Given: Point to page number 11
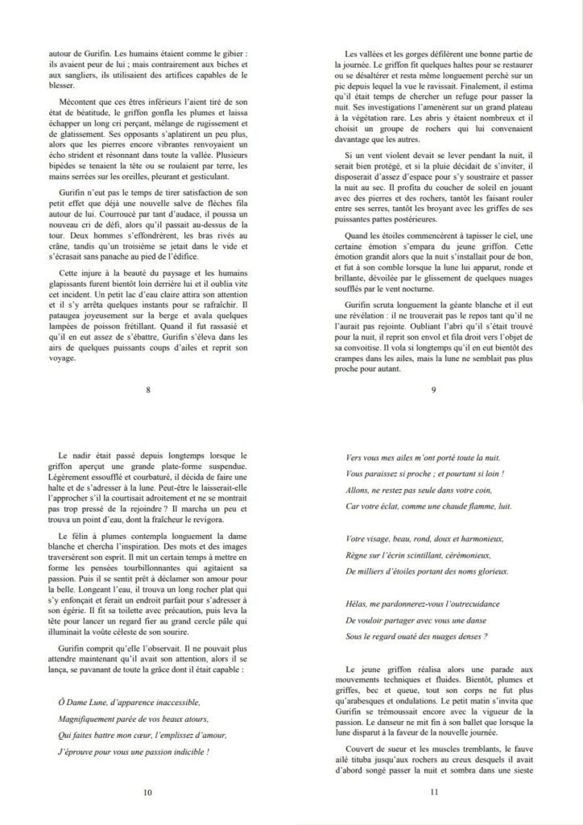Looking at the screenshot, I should [x=434, y=792].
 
